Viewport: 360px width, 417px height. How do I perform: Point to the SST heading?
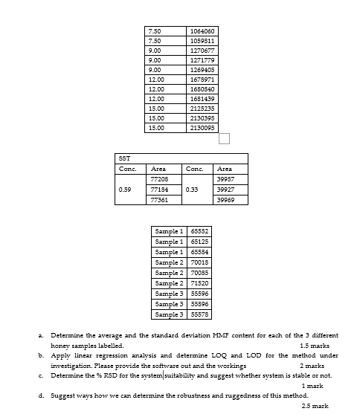124,158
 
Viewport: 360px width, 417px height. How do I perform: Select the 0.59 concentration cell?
125,190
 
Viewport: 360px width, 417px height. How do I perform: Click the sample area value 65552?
199,232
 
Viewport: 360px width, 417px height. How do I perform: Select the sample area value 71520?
199,283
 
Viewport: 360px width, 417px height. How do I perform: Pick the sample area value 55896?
199,304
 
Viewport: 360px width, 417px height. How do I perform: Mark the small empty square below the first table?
224,139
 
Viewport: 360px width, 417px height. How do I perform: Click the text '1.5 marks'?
314,346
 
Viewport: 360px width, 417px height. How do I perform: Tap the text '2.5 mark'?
315,407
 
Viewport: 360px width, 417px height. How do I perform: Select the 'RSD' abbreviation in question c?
116,375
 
